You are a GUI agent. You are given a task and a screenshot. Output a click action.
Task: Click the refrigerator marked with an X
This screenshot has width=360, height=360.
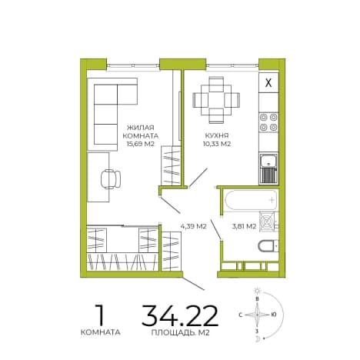(x=268, y=82)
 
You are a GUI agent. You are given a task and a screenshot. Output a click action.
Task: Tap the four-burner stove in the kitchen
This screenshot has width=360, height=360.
(x=268, y=122)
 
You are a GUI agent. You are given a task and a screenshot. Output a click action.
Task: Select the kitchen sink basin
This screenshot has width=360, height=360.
(x=268, y=162)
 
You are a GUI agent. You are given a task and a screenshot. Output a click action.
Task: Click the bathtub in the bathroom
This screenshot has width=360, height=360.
(x=251, y=199)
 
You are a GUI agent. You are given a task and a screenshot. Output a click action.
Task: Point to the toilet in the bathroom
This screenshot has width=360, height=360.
(x=268, y=246)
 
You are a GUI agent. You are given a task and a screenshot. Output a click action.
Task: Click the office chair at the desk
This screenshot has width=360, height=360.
(x=111, y=179)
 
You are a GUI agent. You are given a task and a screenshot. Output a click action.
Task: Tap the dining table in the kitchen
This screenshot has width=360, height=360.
(x=216, y=100)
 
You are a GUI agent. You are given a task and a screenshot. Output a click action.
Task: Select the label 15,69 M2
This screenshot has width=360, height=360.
(x=141, y=144)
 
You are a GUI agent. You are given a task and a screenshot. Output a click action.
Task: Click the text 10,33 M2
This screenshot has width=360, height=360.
(x=217, y=144)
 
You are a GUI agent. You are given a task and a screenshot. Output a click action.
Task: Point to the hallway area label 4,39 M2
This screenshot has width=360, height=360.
(x=194, y=226)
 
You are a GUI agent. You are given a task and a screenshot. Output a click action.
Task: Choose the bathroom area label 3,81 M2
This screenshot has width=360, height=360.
(x=244, y=226)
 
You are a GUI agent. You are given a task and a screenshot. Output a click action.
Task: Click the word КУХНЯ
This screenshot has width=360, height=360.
(x=217, y=135)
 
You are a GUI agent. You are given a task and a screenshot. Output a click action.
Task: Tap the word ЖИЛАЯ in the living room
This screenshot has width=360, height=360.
(x=141, y=127)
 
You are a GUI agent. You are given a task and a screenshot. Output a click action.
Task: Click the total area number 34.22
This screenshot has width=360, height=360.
(x=180, y=315)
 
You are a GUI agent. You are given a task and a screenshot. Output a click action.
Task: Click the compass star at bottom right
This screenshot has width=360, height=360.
(x=257, y=315)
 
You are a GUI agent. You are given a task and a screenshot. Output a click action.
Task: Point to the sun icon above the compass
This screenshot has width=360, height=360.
(x=257, y=291)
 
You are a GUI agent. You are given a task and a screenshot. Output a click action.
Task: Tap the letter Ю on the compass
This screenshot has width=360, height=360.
(x=274, y=315)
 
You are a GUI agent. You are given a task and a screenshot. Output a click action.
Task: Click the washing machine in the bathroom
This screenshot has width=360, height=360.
(x=267, y=222)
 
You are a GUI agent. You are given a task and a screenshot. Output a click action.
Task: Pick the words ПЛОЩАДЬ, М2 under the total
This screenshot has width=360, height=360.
(x=180, y=332)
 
